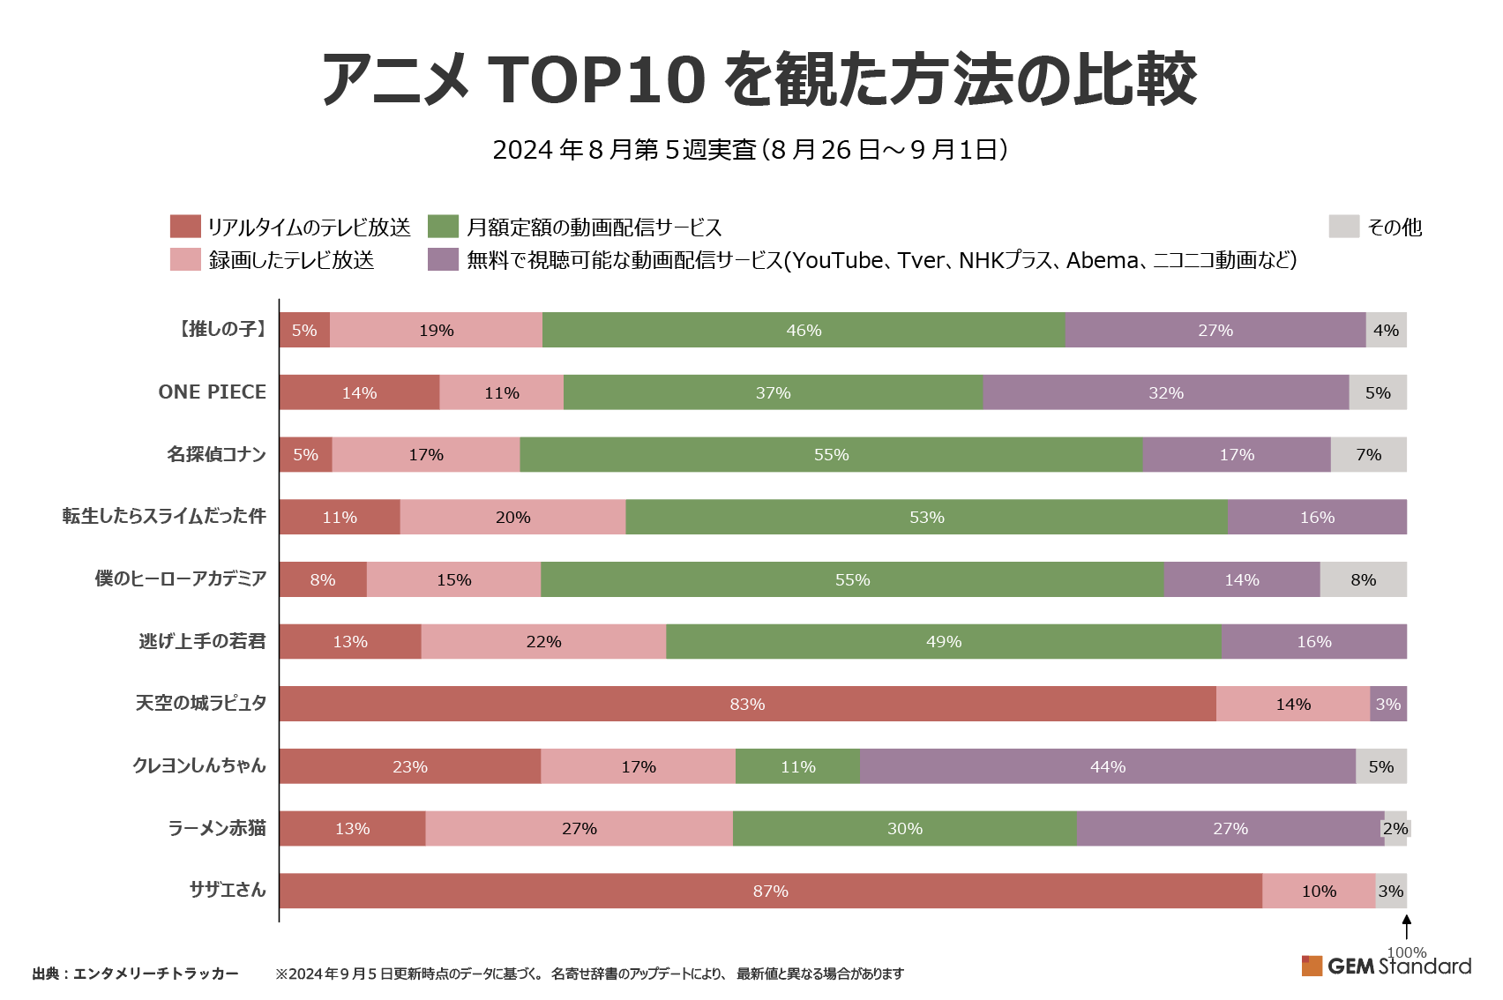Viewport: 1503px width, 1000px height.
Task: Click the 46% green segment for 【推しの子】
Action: point(804,330)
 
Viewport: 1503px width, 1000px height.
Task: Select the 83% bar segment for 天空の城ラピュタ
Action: point(747,704)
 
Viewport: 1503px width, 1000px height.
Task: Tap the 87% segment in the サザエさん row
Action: point(770,891)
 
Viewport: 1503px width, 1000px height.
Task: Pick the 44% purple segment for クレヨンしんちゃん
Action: point(1108,766)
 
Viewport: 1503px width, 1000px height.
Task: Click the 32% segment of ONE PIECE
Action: point(1165,392)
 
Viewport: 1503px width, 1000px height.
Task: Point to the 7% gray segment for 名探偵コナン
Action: point(1368,454)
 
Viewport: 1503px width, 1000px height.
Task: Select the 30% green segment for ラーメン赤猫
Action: point(904,828)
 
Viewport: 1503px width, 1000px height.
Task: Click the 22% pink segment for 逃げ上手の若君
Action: point(543,641)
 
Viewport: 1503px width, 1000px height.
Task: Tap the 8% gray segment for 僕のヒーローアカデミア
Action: point(1363,579)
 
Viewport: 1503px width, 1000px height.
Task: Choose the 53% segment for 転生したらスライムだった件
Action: point(926,517)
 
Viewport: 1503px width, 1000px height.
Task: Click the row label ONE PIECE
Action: point(212,392)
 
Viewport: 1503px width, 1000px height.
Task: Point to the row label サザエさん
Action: point(228,890)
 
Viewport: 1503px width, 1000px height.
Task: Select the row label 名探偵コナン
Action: point(216,454)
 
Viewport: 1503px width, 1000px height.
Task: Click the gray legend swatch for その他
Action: point(1343,227)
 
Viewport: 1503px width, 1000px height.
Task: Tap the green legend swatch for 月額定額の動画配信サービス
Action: point(443,227)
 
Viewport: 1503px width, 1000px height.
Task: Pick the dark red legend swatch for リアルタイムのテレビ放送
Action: point(185,227)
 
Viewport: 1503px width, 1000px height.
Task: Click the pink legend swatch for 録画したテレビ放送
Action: point(185,259)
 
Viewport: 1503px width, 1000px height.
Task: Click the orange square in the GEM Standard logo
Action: point(1312,966)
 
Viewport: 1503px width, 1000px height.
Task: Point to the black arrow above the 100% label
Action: point(1406,927)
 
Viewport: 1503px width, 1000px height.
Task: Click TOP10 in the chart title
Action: point(596,79)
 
